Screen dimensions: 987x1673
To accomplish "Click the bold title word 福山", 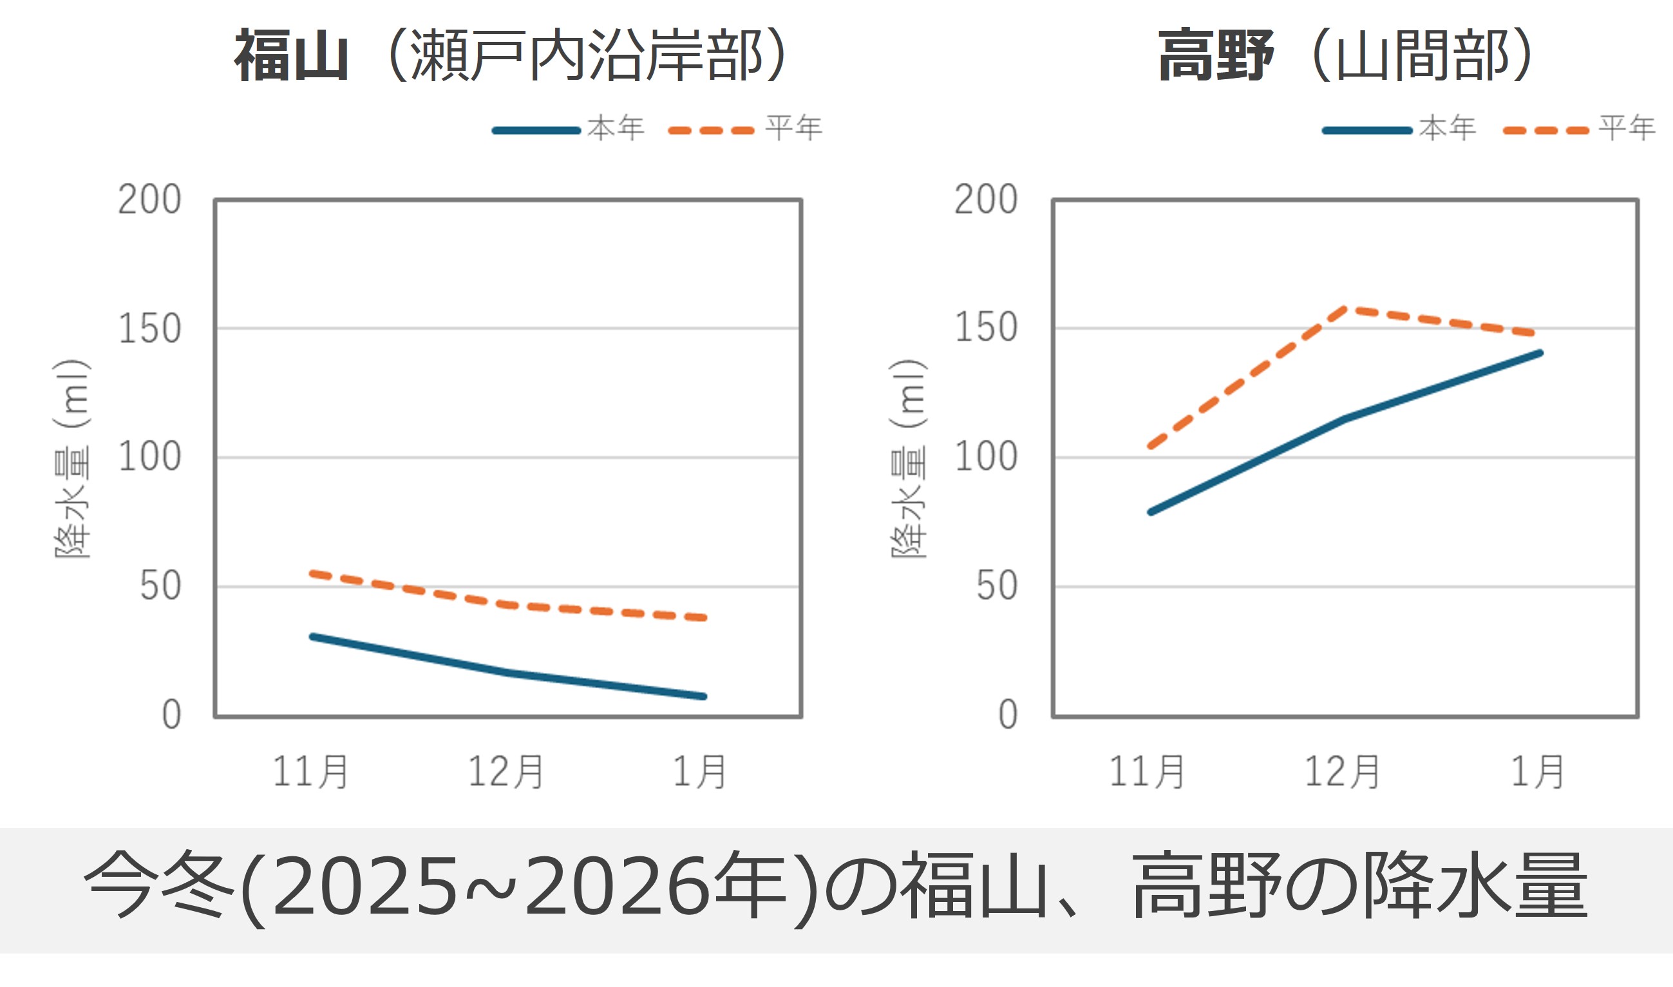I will tap(291, 56).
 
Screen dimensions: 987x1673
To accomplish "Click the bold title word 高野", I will tap(1215, 56).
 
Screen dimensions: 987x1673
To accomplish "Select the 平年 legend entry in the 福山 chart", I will tap(793, 128).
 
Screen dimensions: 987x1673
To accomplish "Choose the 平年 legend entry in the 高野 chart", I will tap(1627, 128).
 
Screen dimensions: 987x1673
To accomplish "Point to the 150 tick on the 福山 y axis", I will tap(149, 329).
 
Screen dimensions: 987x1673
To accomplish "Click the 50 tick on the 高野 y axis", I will tap(996, 587).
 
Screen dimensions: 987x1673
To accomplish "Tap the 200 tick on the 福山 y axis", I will tap(149, 200).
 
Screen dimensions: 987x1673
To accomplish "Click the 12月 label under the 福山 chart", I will tap(506, 772).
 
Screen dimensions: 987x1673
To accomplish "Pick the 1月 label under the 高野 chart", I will tap(1536, 772).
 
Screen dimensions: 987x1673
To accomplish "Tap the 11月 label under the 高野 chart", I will tap(1146, 772).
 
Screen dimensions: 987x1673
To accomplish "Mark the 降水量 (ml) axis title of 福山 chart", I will tap(72, 459).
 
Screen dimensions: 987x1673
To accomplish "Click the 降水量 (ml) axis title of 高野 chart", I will tap(908, 459).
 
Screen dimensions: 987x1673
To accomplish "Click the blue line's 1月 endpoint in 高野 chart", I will tap(1540, 353).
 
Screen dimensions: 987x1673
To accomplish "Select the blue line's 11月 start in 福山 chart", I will tap(312, 637).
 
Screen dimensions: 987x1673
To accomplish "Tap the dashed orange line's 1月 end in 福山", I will tap(704, 618).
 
